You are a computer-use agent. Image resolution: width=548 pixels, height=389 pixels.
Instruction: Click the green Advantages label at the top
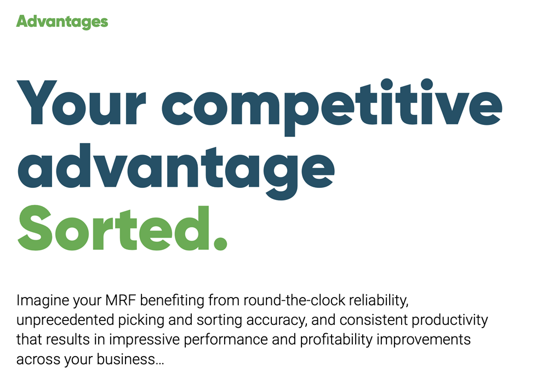click(62, 22)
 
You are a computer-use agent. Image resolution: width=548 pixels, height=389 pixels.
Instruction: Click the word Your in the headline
click(81, 102)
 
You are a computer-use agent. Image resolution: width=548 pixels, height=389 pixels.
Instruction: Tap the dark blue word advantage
click(176, 171)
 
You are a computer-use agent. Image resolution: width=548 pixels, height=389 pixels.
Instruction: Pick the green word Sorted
click(113, 227)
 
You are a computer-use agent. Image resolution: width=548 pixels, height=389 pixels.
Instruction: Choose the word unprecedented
click(65, 321)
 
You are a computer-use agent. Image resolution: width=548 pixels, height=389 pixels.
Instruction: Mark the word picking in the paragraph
click(141, 321)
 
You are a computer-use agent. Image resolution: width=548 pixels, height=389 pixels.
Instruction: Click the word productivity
click(450, 321)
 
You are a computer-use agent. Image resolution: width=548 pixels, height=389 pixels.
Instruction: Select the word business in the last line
click(126, 359)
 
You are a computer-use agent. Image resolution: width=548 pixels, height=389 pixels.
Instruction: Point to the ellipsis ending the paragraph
click(159, 364)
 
